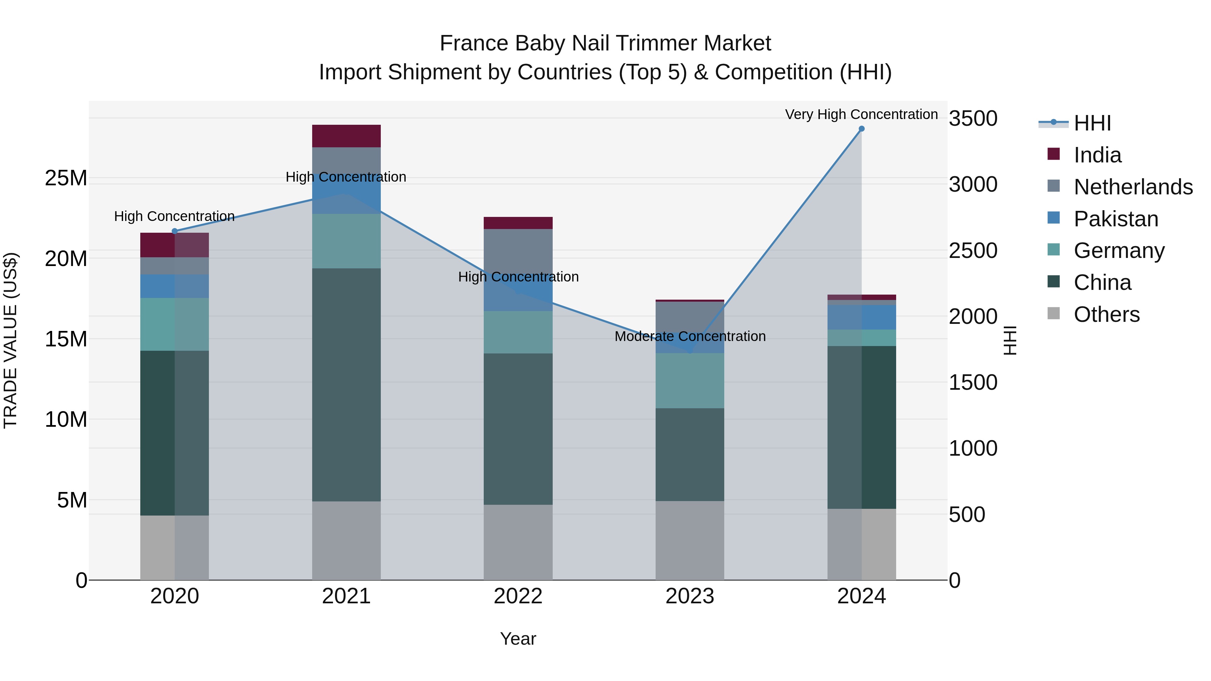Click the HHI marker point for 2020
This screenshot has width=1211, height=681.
[x=174, y=231]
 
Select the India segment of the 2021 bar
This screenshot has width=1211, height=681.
[x=346, y=136]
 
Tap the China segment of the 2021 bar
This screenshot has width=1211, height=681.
[x=346, y=384]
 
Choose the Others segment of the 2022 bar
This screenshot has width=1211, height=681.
[x=518, y=542]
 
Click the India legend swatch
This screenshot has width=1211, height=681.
[x=1054, y=154]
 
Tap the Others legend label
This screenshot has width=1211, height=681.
[x=1107, y=314]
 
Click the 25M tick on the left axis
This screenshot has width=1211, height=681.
[x=66, y=178]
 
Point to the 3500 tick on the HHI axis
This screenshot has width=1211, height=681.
[x=973, y=118]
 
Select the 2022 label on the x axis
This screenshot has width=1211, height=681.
[x=518, y=596]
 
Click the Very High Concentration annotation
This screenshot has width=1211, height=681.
[x=861, y=114]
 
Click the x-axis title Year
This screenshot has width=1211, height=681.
[x=518, y=639]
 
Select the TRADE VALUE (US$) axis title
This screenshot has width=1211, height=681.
[x=10, y=340]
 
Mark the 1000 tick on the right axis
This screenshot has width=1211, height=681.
[x=973, y=448]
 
